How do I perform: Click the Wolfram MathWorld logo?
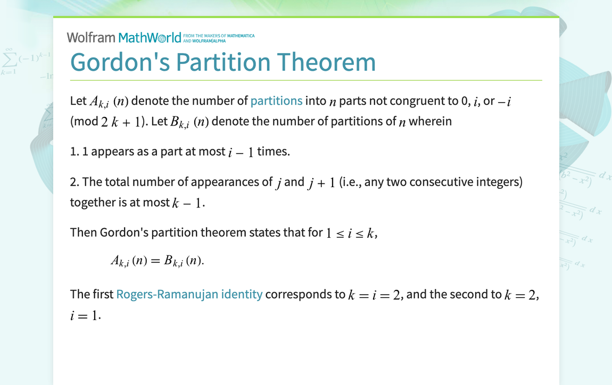pyautogui.click(x=124, y=37)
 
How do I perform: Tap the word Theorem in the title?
pyautogui.click(x=326, y=62)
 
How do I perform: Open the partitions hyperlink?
pyautogui.click(x=276, y=101)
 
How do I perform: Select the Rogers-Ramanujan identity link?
pyautogui.click(x=189, y=294)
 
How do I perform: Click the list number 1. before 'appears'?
pyautogui.click(x=75, y=152)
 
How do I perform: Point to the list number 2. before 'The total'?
pyautogui.click(x=75, y=182)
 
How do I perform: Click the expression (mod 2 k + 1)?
pyautogui.click(x=107, y=122)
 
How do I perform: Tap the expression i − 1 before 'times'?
pyautogui.click(x=241, y=152)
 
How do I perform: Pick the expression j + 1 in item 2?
pyautogui.click(x=321, y=182)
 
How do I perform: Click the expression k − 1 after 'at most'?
pyautogui.click(x=188, y=203)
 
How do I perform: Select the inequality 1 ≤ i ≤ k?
pyautogui.click(x=351, y=233)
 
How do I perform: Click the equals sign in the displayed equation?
pyautogui.click(x=155, y=261)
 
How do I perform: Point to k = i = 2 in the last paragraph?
pyautogui.click(x=374, y=295)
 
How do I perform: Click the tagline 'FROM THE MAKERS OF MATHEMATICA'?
pyautogui.click(x=219, y=36)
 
